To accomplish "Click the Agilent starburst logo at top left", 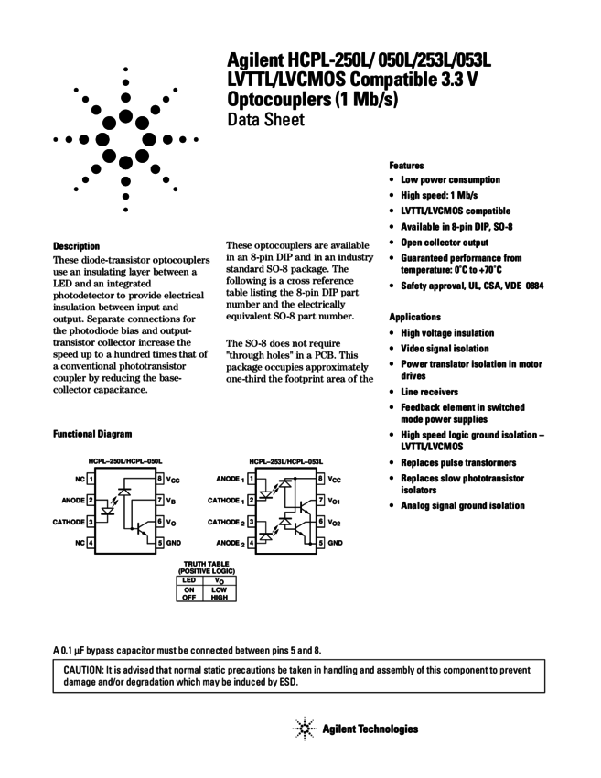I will coord(125,139).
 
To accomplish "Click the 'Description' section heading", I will coord(76,246).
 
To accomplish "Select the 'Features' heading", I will coord(406,166).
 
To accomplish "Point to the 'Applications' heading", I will coord(414,317).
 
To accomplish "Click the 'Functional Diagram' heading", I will coord(93,433).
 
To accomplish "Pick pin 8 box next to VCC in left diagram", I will coord(160,478).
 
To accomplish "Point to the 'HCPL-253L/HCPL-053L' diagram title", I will coord(285,460).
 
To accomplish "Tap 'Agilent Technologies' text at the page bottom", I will coord(370,729).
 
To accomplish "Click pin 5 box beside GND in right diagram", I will coord(321,542).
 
